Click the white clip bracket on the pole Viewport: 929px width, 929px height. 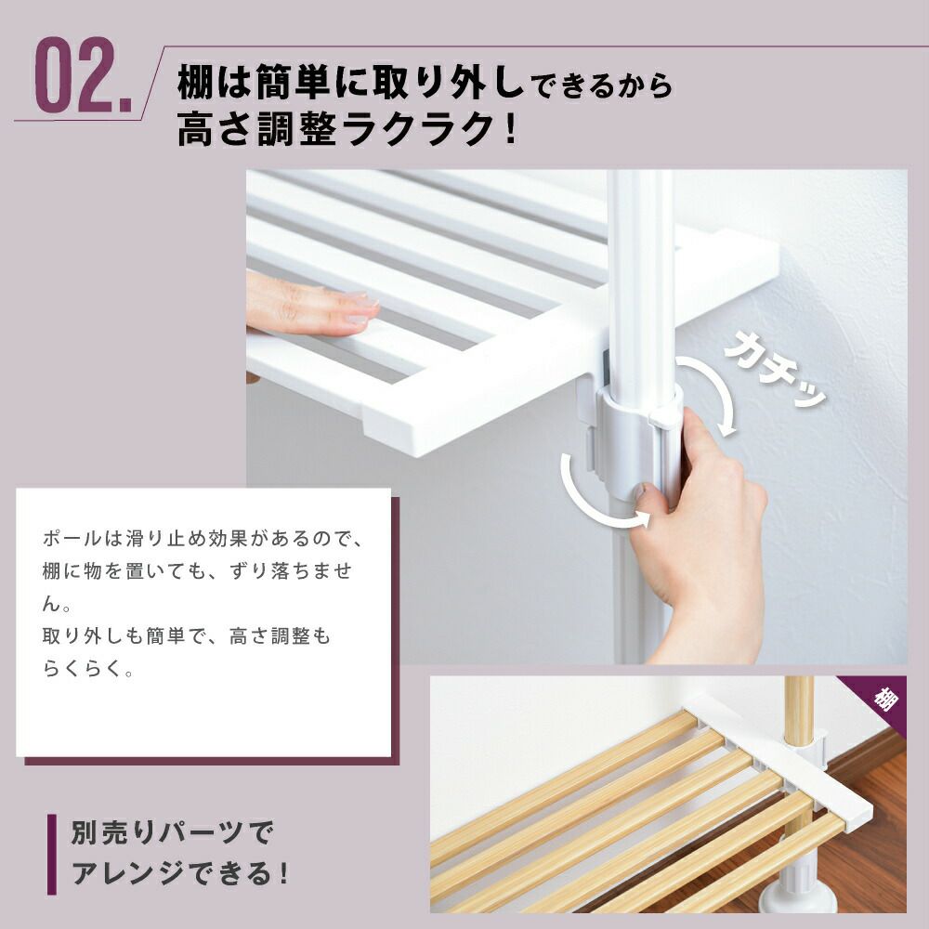(641, 437)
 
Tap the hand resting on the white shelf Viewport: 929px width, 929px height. (311, 307)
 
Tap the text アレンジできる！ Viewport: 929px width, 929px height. (181, 874)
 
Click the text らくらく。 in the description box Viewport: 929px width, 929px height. (89, 670)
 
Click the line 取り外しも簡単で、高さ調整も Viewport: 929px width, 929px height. (187, 637)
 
